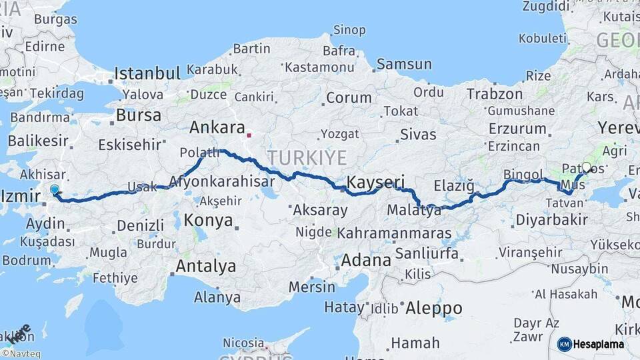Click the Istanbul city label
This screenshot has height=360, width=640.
coord(147,73)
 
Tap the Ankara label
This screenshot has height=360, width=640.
coord(213,127)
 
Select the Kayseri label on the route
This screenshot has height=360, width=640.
coord(376,181)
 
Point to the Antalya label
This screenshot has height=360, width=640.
coord(205,267)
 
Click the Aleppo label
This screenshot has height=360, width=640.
coord(434,308)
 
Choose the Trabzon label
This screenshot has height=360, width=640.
coord(495,94)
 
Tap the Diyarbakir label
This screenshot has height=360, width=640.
coord(551,219)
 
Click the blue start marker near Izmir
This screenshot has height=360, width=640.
coord(55,190)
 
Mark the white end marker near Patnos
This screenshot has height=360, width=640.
coord(587,167)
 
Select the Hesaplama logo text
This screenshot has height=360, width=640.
coord(598,344)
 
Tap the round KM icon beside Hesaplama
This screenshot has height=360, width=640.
coord(564,344)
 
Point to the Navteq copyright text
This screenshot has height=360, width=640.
coord(21,354)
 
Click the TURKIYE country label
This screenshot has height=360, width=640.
coord(307,157)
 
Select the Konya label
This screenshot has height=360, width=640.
coord(208,220)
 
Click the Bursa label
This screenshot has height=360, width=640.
coord(139,115)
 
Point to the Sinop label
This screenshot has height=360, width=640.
coord(349,30)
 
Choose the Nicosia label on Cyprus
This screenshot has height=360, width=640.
coord(243,343)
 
